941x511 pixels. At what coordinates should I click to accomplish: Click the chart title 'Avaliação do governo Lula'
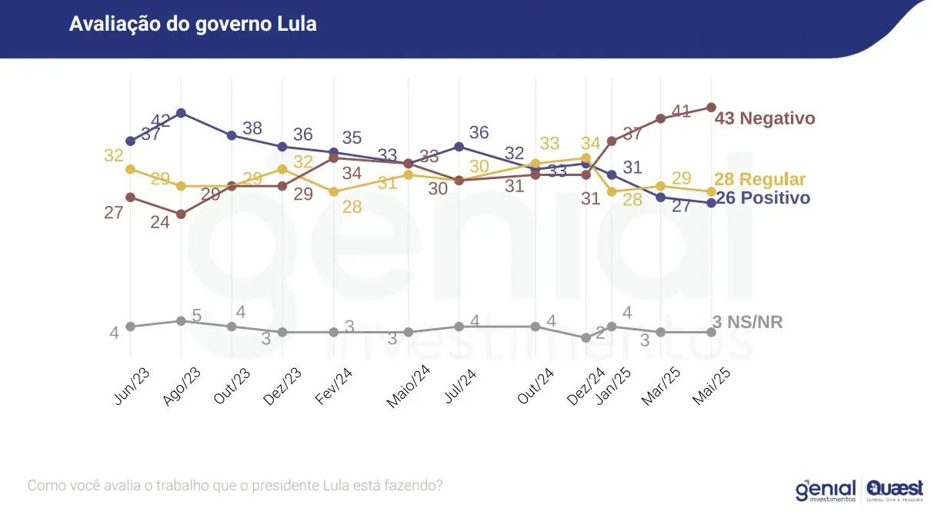tap(192, 24)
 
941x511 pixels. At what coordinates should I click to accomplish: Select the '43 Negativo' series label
tap(764, 118)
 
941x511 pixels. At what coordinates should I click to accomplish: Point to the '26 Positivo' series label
tap(762, 198)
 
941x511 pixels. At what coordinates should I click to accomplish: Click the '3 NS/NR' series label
tap(747, 323)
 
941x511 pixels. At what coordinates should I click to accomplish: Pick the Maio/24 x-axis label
tap(407, 387)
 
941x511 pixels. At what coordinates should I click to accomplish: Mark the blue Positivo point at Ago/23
tap(181, 113)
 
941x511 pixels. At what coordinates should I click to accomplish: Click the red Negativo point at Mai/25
tap(712, 108)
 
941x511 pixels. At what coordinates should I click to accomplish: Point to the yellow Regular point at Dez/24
tap(586, 158)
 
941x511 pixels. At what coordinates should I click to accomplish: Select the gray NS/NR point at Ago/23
tap(181, 320)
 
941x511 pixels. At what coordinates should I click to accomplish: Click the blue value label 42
tap(161, 121)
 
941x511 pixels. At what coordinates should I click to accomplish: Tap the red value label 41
tap(681, 111)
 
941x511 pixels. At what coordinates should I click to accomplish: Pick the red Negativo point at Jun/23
tap(131, 197)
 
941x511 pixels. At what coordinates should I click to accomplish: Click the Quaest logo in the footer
tap(895, 489)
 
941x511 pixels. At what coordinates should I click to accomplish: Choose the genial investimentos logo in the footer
tap(826, 489)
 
